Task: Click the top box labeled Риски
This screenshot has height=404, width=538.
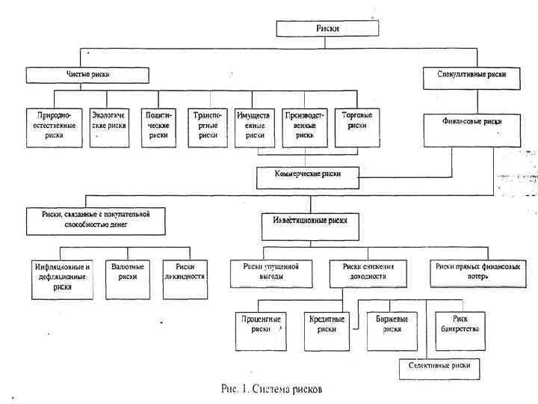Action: click(322, 28)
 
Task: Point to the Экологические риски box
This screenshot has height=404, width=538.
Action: click(109, 126)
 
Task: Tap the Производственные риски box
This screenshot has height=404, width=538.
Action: click(305, 126)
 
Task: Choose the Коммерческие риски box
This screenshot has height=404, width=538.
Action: click(307, 177)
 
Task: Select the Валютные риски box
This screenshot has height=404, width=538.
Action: click(127, 272)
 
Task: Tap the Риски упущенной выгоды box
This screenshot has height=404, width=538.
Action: click(270, 272)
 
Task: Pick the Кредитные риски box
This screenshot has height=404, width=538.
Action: click(327, 325)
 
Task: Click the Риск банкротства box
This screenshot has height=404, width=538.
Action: click(460, 325)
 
